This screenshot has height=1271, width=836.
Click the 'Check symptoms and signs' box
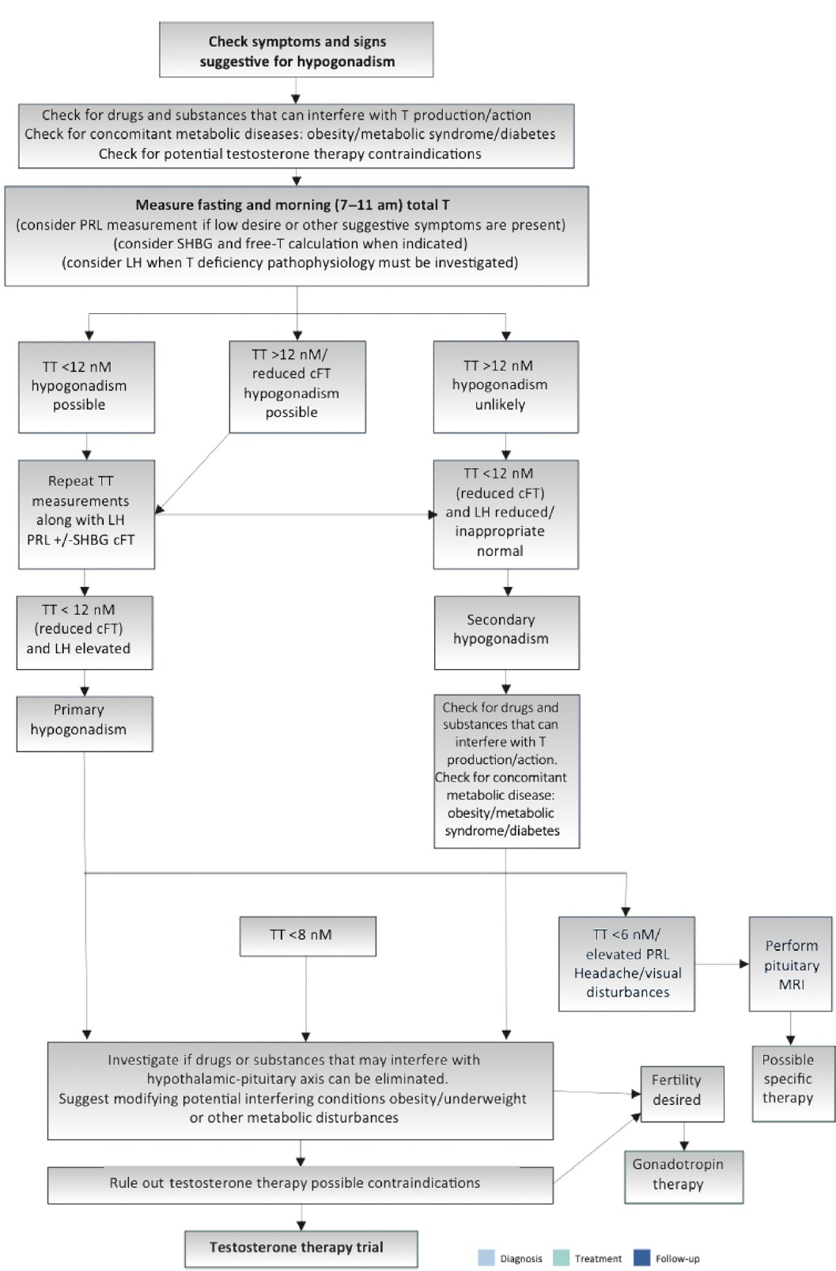(297, 49)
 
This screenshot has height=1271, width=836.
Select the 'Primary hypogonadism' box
(85, 724)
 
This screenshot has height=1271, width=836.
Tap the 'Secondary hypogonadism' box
(507, 633)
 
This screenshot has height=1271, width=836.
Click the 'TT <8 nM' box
(308, 936)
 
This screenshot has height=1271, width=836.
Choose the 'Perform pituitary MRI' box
(791, 964)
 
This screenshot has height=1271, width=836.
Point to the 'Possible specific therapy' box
(793, 1084)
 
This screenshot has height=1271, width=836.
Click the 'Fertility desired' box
(683, 1094)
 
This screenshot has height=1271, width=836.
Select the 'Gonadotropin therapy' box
(684, 1177)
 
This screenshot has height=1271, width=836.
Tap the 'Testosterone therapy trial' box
(301, 1249)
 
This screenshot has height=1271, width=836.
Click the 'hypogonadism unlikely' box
(505, 387)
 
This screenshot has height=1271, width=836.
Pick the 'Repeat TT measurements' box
(86, 515)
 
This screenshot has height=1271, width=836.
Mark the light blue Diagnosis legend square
(486, 1258)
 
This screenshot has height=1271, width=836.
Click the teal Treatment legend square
(561, 1258)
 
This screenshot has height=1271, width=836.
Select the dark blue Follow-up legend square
(642, 1258)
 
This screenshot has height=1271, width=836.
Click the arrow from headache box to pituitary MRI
(722, 964)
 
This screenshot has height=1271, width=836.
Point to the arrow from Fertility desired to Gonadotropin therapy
(684, 1137)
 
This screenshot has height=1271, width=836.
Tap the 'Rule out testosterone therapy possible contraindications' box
(301, 1186)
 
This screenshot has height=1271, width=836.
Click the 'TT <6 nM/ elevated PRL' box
(626, 964)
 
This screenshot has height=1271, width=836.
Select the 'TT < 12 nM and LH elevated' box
(85, 633)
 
